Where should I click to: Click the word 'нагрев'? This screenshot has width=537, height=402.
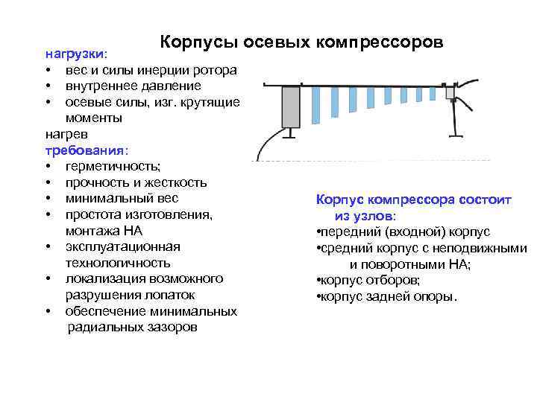tap(66, 134)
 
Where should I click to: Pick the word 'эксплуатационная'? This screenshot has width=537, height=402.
tap(122, 246)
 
